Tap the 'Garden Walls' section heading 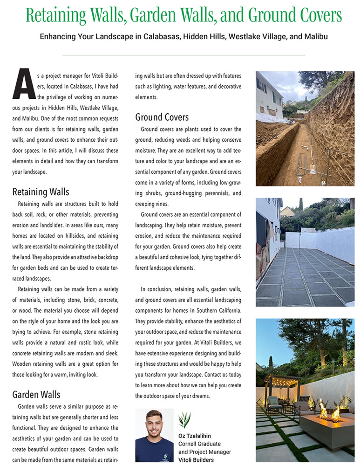[36, 395]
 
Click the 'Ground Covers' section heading [162, 117]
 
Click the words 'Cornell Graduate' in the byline [199, 444]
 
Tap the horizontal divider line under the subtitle [183, 55]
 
